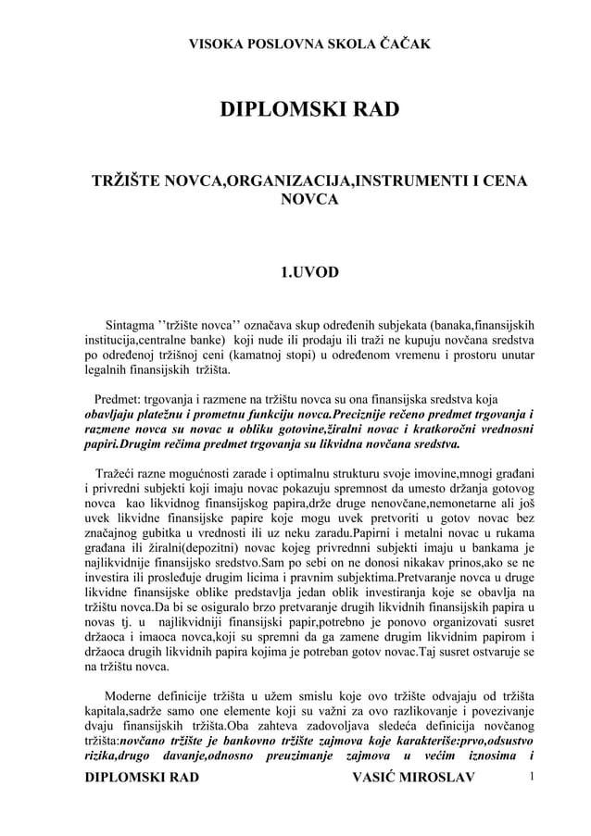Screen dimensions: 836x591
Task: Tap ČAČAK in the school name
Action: (404, 44)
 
